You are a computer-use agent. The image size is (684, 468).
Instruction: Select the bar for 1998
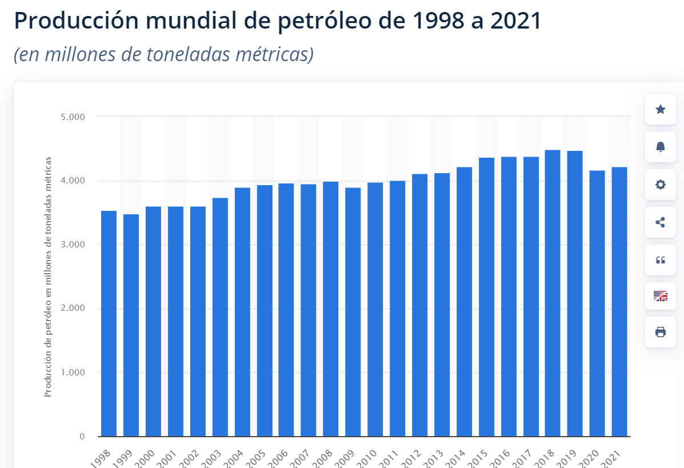pos(109,323)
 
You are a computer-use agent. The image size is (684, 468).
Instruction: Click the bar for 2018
pos(553,293)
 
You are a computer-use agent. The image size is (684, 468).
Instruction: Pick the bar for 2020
pos(597,303)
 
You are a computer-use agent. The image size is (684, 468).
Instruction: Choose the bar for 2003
pos(220,317)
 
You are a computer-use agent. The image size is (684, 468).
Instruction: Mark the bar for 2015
pos(486,297)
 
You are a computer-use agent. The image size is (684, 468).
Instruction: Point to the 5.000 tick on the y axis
pos(73,117)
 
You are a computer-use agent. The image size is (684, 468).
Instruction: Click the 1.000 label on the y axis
pos(73,373)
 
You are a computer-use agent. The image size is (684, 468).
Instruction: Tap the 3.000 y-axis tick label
pos(73,245)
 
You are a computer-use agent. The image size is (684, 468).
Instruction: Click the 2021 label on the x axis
pos(614,457)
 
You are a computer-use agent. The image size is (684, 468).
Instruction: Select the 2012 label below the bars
pos(414,457)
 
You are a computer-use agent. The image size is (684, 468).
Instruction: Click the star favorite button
pos(661,109)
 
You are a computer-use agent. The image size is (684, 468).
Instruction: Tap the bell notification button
pos(661,147)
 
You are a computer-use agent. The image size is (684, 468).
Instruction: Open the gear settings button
pos(661,185)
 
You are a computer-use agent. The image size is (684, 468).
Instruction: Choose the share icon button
pos(661,222)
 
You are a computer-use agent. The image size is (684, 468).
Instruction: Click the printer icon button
pos(661,332)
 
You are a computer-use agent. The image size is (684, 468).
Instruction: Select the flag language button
pos(661,296)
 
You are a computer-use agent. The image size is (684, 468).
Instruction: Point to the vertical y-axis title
pos(49,277)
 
